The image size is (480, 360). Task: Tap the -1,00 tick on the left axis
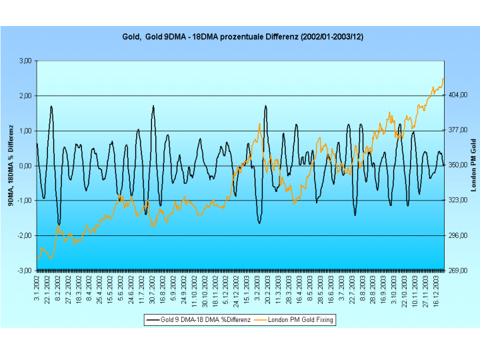25,201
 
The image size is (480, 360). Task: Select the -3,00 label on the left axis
25,271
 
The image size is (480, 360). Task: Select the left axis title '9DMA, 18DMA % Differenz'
11,166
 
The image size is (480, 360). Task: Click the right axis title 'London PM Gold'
473,166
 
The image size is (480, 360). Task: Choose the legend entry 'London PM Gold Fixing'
300,320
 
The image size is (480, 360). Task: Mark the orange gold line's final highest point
443,79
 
